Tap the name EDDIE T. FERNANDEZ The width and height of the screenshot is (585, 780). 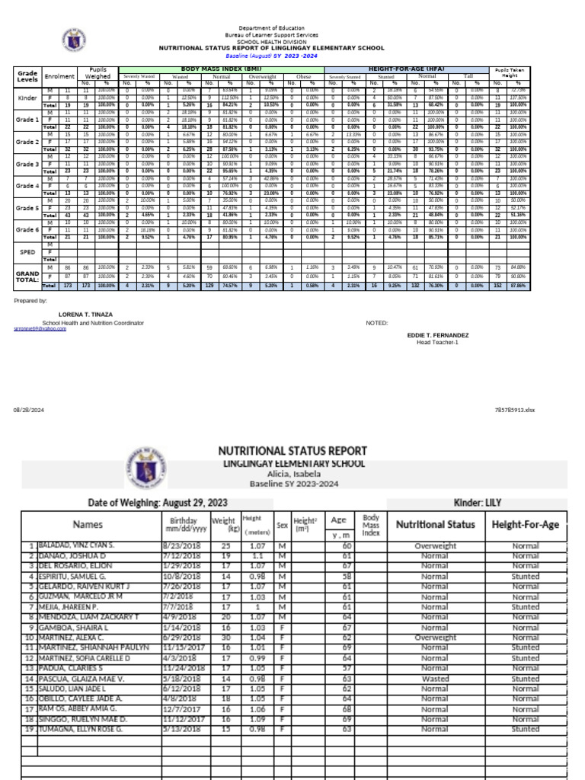tap(438, 335)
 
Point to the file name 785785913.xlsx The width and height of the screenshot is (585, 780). tap(516, 410)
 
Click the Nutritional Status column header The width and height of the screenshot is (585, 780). tap(435, 524)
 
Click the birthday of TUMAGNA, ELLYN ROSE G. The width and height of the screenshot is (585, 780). tap(185, 728)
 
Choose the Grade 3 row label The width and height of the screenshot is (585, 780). tap(27, 164)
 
